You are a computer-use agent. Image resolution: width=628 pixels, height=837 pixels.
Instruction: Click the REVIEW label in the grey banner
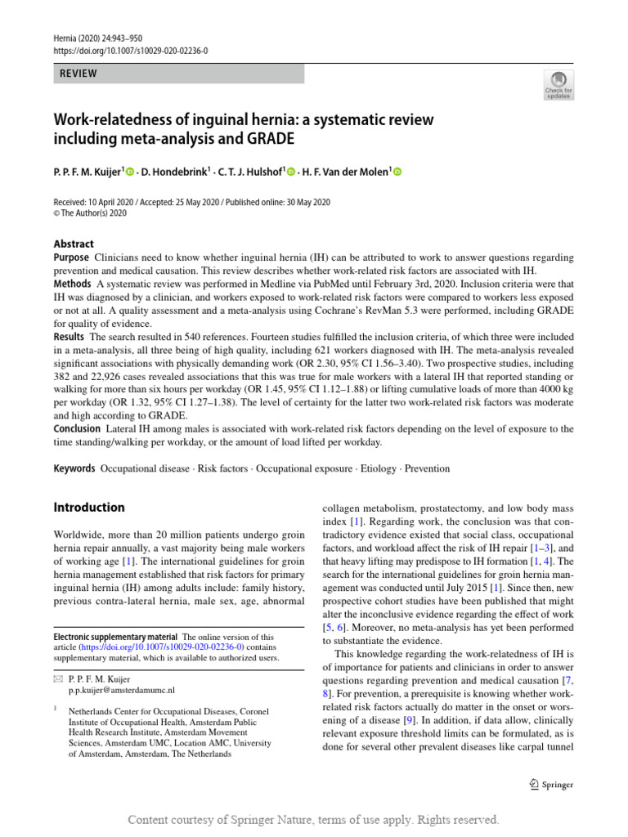coord(78,74)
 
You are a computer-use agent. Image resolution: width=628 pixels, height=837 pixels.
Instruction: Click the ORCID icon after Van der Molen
coord(399,171)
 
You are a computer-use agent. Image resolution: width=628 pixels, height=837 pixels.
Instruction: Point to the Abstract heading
coord(73,244)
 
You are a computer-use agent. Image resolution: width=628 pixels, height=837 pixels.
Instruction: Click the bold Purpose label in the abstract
coord(71,257)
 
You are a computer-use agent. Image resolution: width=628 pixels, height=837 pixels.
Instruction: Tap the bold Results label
coord(70,336)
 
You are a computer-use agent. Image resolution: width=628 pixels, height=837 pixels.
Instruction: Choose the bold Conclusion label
coord(78,428)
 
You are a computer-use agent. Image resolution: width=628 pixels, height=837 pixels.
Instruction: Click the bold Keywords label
coord(74,468)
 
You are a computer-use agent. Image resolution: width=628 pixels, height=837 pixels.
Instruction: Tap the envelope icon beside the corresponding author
coord(57,679)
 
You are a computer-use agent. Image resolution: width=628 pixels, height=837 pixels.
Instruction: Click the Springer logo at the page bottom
coord(551,785)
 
